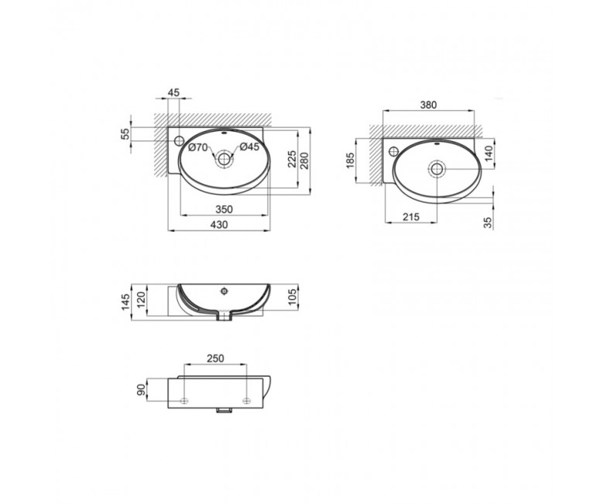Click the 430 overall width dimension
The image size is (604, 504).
220,224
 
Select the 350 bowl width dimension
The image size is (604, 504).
224,209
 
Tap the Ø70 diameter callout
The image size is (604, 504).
198,147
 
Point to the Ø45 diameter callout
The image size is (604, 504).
249,147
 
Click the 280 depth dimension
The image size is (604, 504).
304,161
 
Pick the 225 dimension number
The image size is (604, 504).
292,159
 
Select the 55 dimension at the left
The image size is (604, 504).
126,134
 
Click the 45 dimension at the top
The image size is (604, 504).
173,92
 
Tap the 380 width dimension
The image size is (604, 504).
428,105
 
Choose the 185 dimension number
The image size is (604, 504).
350,161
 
